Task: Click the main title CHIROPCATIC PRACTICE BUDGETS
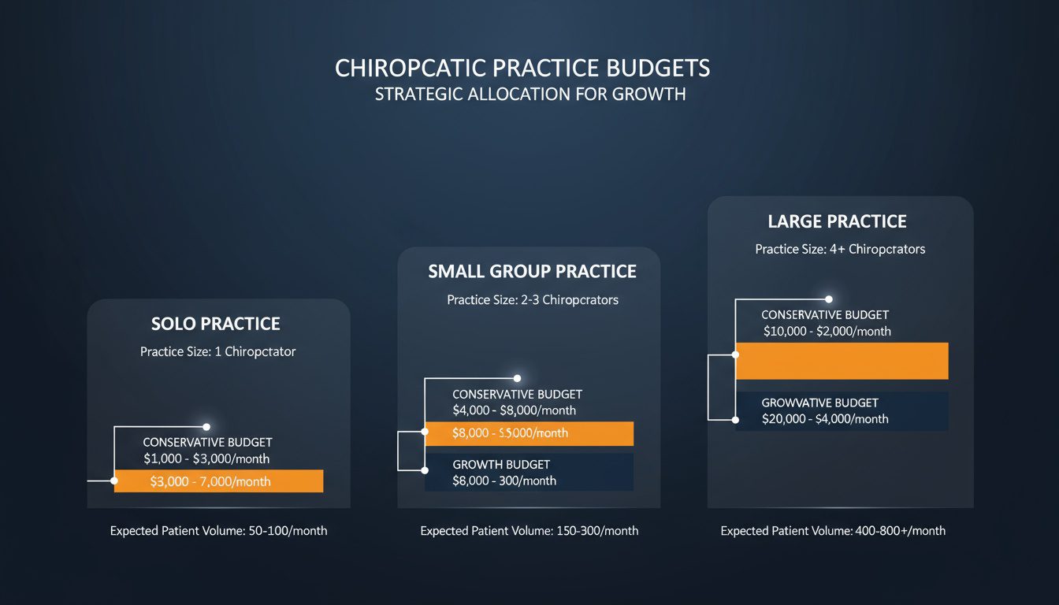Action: click(522, 69)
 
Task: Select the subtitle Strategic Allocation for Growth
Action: click(530, 95)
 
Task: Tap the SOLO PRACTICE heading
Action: click(215, 324)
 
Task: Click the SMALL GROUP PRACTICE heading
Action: click(532, 272)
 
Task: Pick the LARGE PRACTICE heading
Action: click(838, 222)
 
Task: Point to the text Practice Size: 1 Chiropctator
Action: click(218, 351)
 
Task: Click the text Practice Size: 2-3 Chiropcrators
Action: click(533, 300)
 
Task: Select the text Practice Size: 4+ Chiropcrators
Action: click(840, 249)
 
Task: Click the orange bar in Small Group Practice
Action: click(529, 433)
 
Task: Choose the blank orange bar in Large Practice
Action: click(842, 361)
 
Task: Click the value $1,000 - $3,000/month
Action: click(206, 458)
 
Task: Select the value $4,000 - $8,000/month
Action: click(514, 410)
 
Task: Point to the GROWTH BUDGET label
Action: click(501, 465)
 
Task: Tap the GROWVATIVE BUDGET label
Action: click(819, 403)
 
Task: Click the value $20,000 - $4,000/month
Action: click(825, 419)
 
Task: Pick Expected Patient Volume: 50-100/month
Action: click(218, 531)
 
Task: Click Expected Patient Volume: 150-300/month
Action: click(529, 531)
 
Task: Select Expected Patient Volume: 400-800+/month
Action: click(833, 531)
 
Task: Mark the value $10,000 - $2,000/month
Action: click(827, 332)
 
